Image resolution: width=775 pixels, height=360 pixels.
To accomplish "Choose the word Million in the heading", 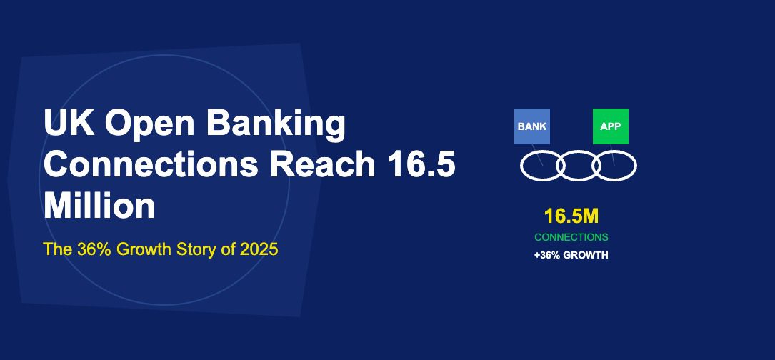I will point(99,206).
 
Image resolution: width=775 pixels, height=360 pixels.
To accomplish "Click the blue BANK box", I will point(532,126).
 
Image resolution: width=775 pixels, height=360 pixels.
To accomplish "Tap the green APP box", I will point(611,126).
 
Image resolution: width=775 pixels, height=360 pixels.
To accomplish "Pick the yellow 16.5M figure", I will point(571,217).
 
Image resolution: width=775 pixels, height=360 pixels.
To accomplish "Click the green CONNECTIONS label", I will point(571,237).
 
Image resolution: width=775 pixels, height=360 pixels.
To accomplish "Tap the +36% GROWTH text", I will point(571,255).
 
